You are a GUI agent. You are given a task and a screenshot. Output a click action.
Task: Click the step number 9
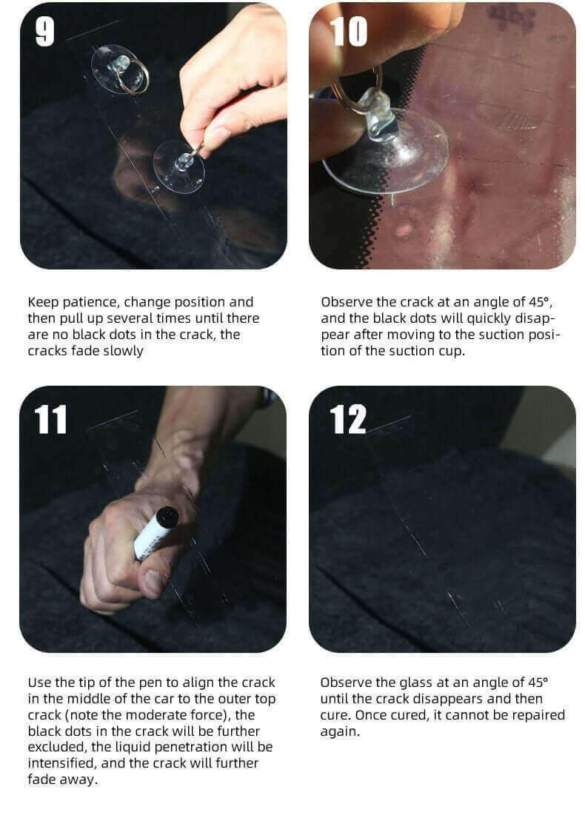tap(45, 31)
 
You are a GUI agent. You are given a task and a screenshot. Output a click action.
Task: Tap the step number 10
tap(348, 31)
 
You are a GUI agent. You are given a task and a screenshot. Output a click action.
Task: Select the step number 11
tap(50, 420)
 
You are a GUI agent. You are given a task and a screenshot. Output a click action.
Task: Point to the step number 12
tap(347, 420)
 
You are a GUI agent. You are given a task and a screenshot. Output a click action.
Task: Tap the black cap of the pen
tap(167, 517)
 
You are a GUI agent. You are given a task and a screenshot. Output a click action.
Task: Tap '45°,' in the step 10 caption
tap(541, 302)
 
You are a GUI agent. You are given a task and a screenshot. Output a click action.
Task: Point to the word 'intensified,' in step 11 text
tap(62, 763)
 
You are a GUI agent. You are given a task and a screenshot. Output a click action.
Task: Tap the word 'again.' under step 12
tap(340, 732)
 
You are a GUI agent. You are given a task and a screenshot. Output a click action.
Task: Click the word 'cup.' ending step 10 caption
tap(450, 352)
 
